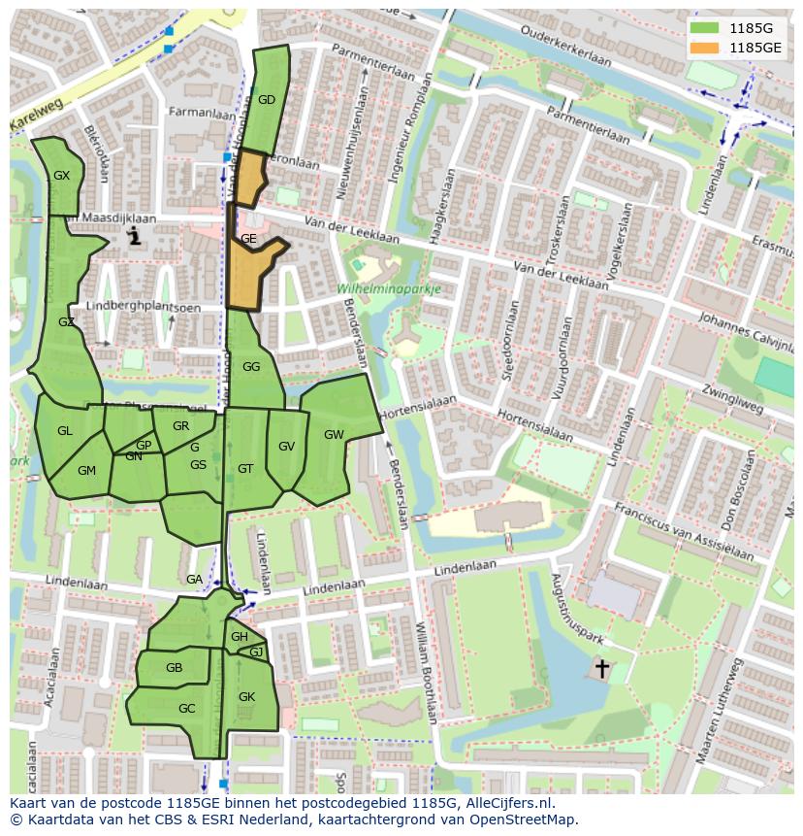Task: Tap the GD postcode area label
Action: [x=267, y=100]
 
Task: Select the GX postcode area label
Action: [x=62, y=176]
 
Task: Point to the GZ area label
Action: [x=66, y=322]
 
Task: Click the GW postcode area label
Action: [x=334, y=434]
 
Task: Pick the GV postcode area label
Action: [x=286, y=447]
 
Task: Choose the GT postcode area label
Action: [x=245, y=469]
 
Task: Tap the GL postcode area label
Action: [x=64, y=431]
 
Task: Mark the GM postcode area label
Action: [x=86, y=471]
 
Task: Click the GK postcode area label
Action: [x=246, y=697]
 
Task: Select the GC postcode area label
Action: [x=187, y=709]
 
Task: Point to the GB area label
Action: [x=174, y=668]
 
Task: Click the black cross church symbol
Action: [x=601, y=668]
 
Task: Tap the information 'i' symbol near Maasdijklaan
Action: [x=135, y=235]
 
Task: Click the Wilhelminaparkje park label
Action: [x=390, y=289]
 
